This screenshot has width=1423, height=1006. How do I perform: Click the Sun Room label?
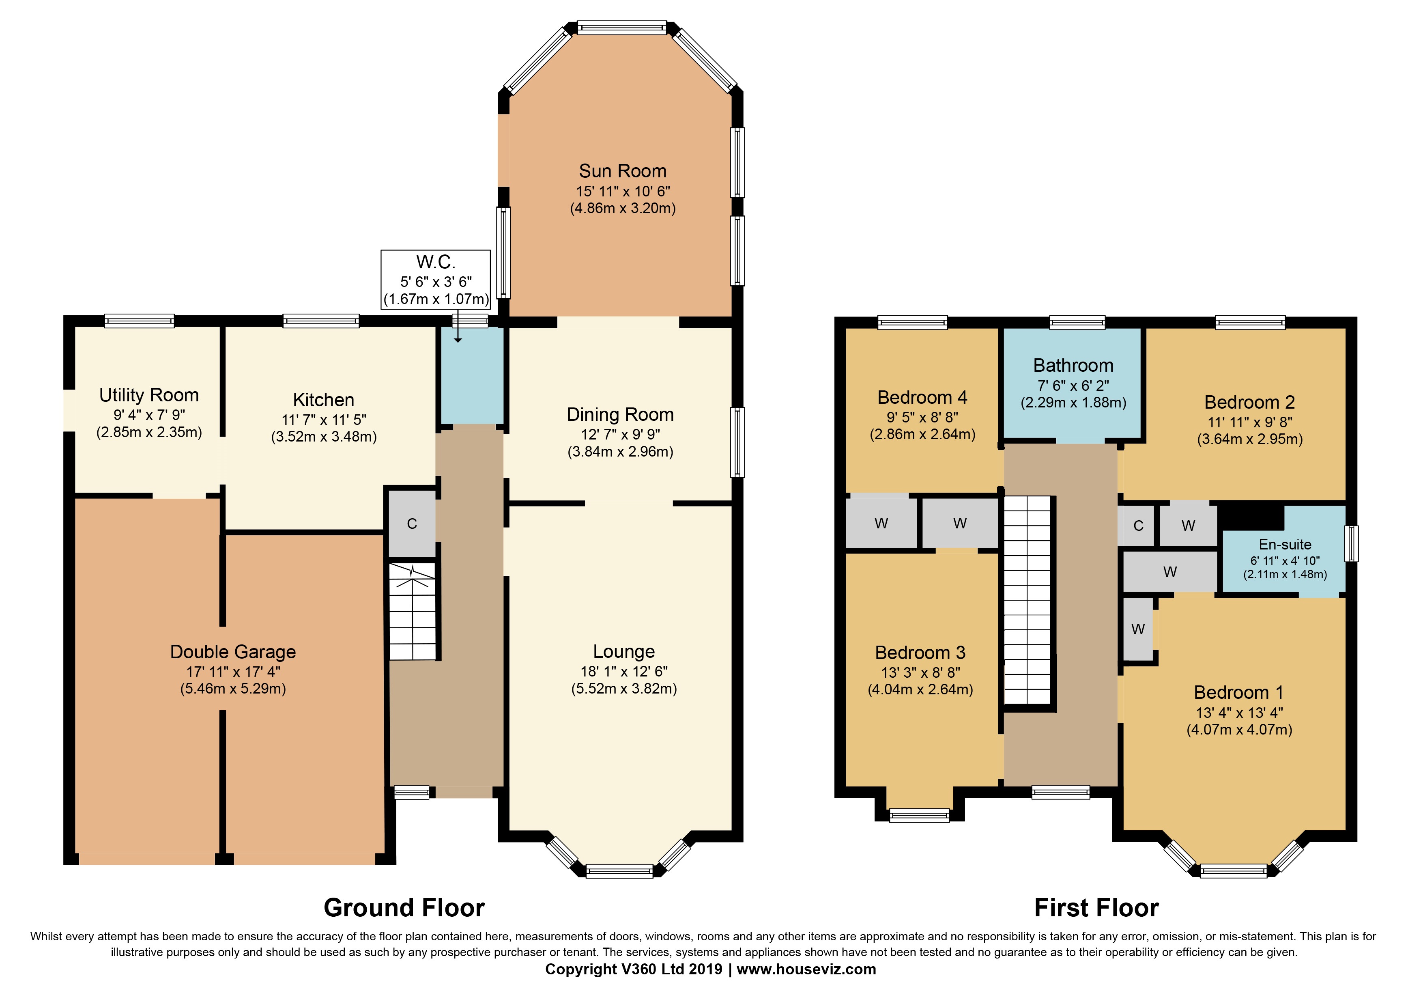pyautogui.click(x=622, y=171)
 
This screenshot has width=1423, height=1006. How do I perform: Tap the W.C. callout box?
pyautogui.click(x=436, y=280)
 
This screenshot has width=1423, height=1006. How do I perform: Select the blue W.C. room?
pyautogui.click(x=472, y=375)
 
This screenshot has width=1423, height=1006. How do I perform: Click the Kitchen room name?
pyautogui.click(x=324, y=400)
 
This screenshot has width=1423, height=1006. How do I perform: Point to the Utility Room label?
pyautogui.click(x=149, y=395)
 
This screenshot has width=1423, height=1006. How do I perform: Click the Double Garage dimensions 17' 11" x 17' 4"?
pyautogui.click(x=233, y=671)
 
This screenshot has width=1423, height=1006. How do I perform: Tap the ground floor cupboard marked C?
pyautogui.click(x=412, y=524)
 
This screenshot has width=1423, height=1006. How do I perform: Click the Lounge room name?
pyautogui.click(x=623, y=651)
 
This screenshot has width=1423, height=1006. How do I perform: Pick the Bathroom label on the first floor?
pyautogui.click(x=1073, y=366)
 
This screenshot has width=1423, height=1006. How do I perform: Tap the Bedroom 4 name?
pyautogui.click(x=922, y=397)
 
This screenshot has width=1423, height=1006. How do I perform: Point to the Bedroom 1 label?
pyautogui.click(x=1238, y=692)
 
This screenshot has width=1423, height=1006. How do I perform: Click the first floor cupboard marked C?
pyautogui.click(x=1138, y=526)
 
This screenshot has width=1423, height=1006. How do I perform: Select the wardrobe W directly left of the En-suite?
pyautogui.click(x=1170, y=571)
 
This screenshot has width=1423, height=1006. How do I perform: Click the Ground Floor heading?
pyautogui.click(x=404, y=908)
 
